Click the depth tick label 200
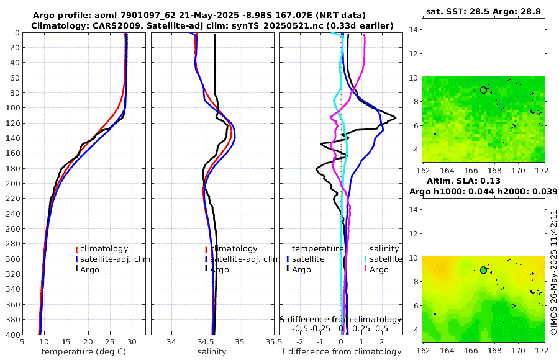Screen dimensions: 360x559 click(x=11, y=183)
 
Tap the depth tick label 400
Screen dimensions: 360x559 click(x=11, y=335)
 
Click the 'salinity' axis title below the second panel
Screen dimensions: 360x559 click(x=211, y=352)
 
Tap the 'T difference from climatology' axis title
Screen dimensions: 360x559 click(x=341, y=352)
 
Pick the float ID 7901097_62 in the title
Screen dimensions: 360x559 click(x=140, y=15)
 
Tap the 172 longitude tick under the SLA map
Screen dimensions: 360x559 click(x=542, y=351)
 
